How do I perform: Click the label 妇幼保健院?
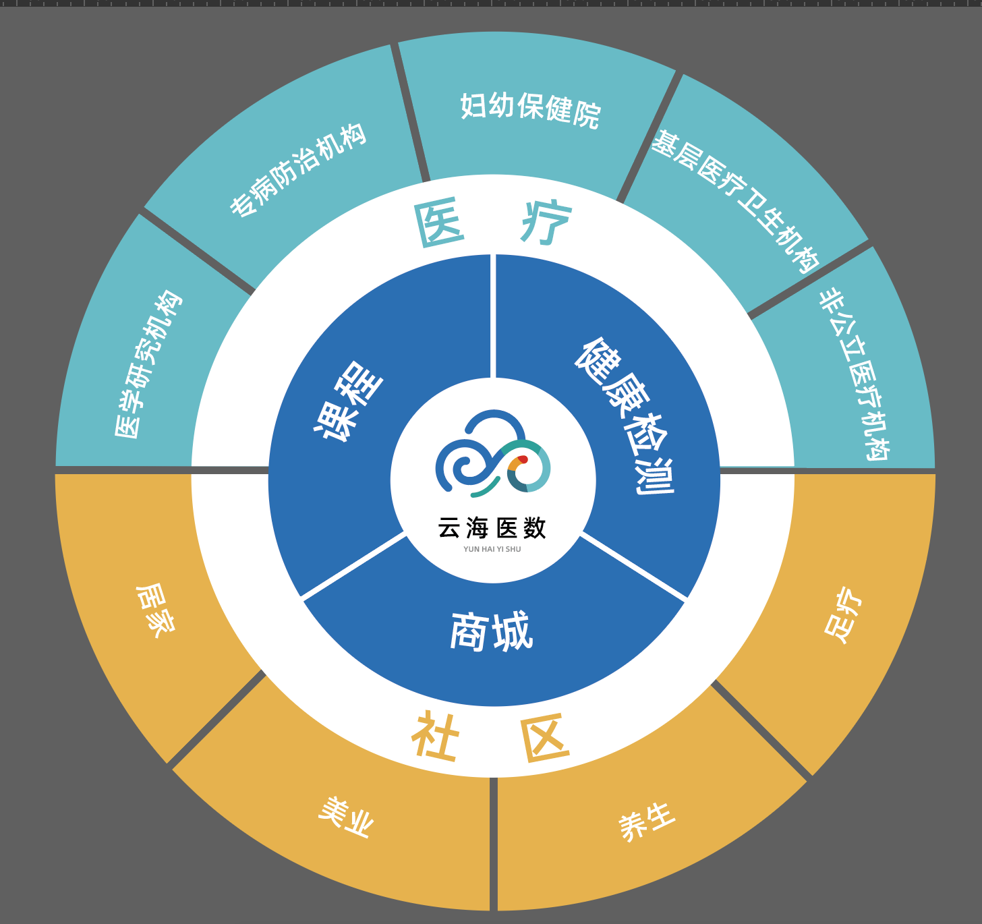(x=530, y=110)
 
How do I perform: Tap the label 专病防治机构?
(x=299, y=169)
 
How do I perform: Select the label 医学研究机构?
(x=148, y=364)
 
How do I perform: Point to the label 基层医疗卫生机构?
(x=735, y=201)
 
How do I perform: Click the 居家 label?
(x=156, y=610)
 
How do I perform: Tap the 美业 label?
(x=346, y=817)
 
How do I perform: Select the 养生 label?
(x=647, y=821)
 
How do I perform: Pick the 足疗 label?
(x=843, y=614)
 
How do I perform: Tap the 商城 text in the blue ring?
(x=492, y=632)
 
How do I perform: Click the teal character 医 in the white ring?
(x=440, y=225)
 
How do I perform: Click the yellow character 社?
(x=436, y=737)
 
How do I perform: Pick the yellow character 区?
(x=546, y=739)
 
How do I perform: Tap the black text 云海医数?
(x=492, y=527)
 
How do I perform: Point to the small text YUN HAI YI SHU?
(x=492, y=549)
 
